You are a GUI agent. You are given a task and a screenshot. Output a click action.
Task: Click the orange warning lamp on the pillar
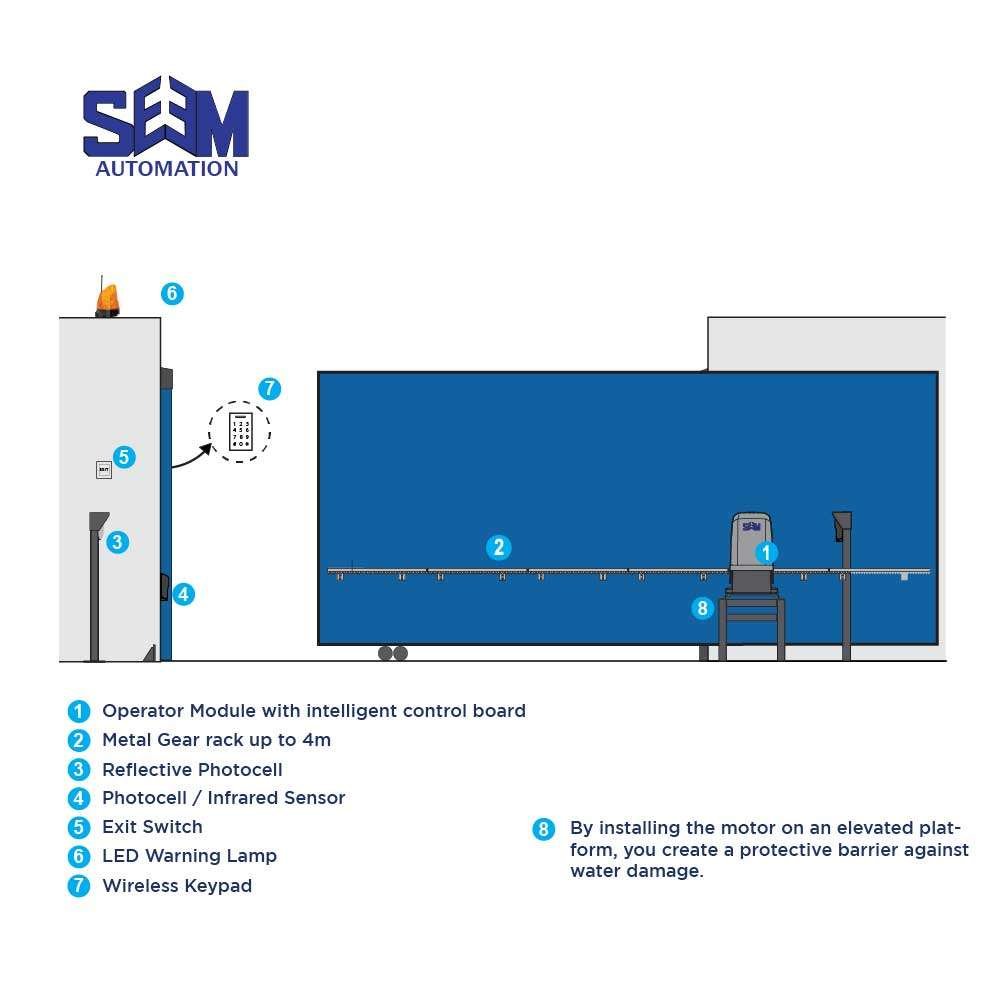click(107, 300)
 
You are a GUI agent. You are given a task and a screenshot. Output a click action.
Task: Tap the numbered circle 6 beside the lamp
click(172, 293)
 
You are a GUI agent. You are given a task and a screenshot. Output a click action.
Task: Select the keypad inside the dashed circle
click(241, 431)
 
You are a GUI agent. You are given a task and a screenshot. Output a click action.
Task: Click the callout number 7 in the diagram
click(270, 388)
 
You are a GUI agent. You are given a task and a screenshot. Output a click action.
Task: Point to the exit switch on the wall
click(104, 469)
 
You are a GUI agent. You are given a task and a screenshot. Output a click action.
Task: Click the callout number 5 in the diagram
click(124, 457)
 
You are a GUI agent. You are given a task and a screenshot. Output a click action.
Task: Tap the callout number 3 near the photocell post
click(117, 542)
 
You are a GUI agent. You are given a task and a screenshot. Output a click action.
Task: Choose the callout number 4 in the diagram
click(184, 594)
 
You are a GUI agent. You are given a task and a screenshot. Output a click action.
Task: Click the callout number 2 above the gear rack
click(499, 547)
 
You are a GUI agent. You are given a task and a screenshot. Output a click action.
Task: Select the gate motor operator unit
click(751, 552)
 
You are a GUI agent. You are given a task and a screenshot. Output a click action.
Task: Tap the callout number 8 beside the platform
click(702, 608)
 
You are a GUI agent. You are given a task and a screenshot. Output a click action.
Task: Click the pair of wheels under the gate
click(393, 653)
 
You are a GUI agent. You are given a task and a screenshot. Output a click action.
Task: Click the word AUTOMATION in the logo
click(167, 169)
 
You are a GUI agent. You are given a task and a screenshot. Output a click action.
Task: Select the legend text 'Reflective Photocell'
click(192, 770)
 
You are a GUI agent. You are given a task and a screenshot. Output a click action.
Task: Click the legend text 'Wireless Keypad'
click(177, 886)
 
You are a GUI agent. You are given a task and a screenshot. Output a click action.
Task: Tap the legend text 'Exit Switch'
click(152, 827)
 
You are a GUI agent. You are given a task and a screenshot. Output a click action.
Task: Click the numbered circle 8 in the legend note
click(543, 829)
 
